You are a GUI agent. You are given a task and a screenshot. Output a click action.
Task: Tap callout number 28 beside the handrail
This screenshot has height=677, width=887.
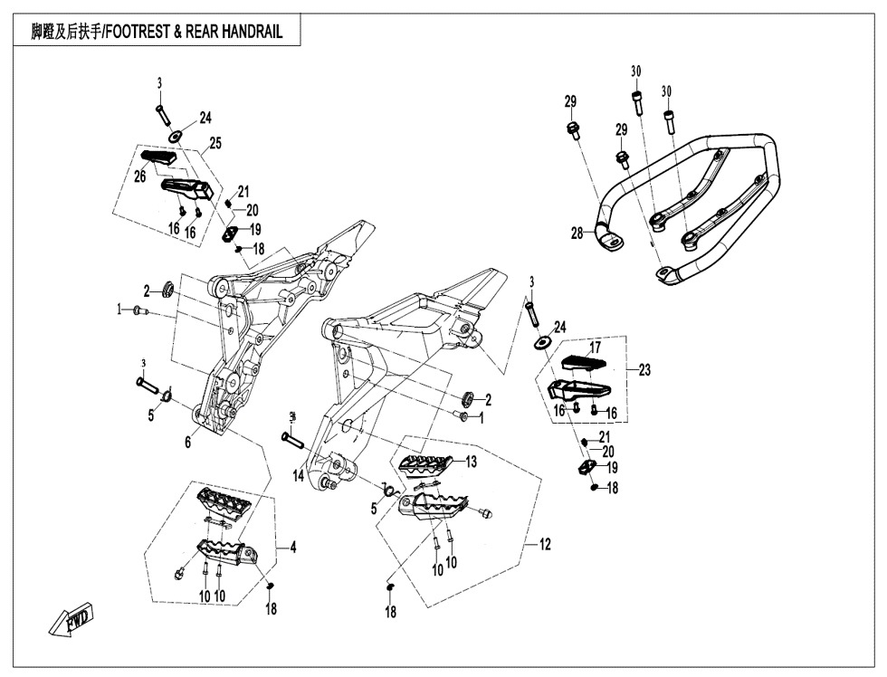click(x=577, y=234)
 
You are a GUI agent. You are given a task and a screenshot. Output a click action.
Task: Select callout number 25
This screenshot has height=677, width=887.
click(x=215, y=143)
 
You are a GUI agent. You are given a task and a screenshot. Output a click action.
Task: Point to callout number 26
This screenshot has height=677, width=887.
click(x=140, y=176)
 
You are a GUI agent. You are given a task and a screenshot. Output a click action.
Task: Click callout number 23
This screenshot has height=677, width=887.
click(x=644, y=369)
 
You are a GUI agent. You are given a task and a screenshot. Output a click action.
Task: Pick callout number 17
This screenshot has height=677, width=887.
click(x=595, y=348)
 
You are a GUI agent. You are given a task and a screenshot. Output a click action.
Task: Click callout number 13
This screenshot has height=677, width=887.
click(x=471, y=462)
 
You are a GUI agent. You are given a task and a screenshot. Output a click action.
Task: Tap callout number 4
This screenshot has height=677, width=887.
click(x=293, y=547)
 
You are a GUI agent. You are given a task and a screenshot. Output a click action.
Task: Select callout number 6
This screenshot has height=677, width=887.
click(x=187, y=443)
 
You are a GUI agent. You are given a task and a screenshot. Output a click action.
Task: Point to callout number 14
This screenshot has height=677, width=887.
click(x=299, y=476)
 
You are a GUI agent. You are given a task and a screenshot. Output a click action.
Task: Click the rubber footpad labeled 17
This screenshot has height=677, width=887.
click(x=582, y=364)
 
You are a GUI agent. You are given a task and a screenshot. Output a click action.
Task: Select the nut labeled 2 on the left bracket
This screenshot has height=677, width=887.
click(x=167, y=290)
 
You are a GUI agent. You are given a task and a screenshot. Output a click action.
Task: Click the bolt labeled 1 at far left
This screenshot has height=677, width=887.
click(x=138, y=310)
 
